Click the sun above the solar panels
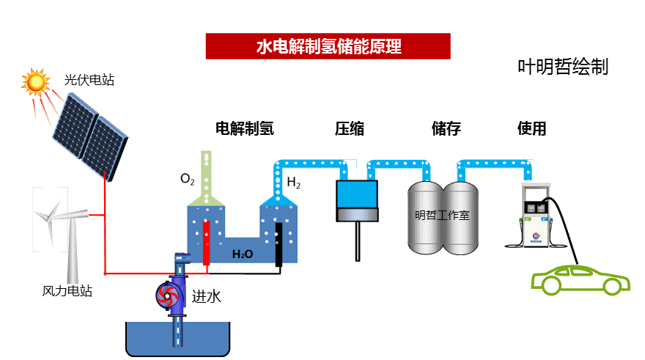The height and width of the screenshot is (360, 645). click(35, 81)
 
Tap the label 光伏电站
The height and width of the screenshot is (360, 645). click(89, 80)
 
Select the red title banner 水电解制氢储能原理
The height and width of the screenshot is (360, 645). click(328, 46)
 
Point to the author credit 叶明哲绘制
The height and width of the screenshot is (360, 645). click(563, 67)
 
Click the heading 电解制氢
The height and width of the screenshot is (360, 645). click(245, 128)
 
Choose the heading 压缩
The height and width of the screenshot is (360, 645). click(350, 128)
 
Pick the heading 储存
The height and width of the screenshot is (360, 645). click(446, 128)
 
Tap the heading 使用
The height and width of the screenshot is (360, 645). click(532, 128)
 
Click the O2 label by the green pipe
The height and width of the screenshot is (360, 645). click(187, 179)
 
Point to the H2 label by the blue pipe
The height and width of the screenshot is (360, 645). click(293, 182)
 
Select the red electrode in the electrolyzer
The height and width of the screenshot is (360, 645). click(206, 243)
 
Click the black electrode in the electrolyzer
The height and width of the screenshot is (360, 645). click(279, 244)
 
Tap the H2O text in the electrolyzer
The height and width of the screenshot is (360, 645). click(243, 254)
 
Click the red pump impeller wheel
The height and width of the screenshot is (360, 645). click(167, 295)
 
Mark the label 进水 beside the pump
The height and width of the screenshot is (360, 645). click(207, 296)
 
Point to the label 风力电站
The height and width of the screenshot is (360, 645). click(67, 291)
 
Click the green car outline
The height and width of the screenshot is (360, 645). click(580, 281)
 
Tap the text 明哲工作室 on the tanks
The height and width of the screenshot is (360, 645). click(442, 215)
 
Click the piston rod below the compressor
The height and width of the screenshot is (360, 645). click(358, 241)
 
